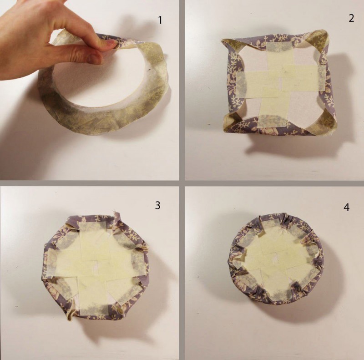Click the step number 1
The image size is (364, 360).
click(160, 20)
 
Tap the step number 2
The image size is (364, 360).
click(351, 18)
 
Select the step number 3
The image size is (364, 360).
click(157, 205)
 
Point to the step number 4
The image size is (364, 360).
click(346, 207)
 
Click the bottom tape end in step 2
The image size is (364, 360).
click(271, 121)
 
